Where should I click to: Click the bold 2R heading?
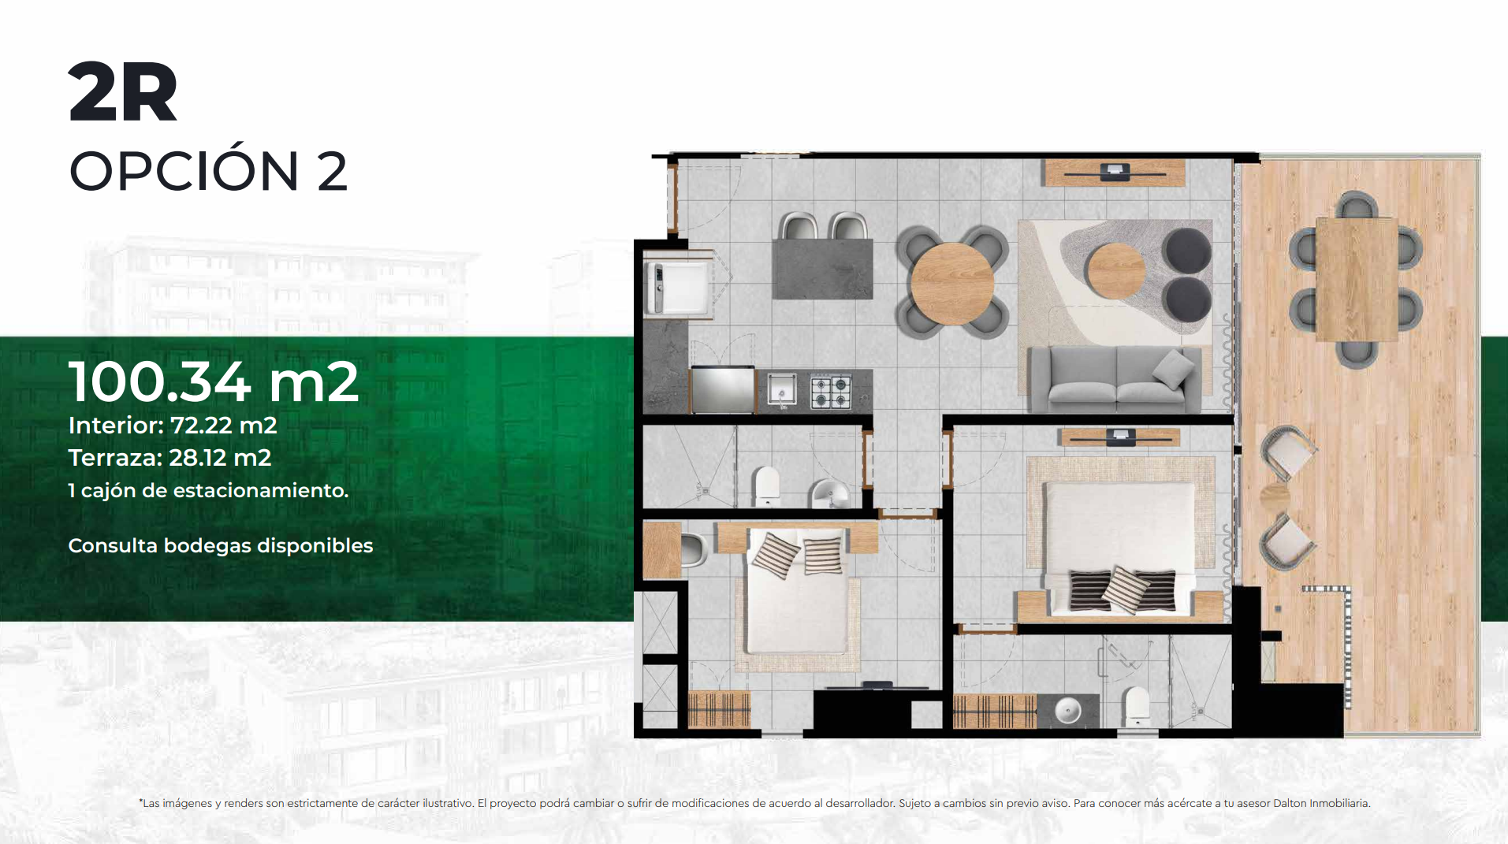(x=123, y=92)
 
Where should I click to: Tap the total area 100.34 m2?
(x=214, y=381)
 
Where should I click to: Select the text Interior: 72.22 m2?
(x=173, y=426)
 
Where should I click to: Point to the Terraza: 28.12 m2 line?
(x=169, y=458)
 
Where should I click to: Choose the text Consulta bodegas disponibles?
(x=221, y=545)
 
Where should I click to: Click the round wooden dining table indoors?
(x=952, y=283)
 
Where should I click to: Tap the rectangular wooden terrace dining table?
(x=1356, y=279)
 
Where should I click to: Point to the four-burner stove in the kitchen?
(x=832, y=390)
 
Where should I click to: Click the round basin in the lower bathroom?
(x=1067, y=710)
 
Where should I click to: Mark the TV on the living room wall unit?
(x=1114, y=171)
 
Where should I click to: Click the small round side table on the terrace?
(x=1275, y=497)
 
